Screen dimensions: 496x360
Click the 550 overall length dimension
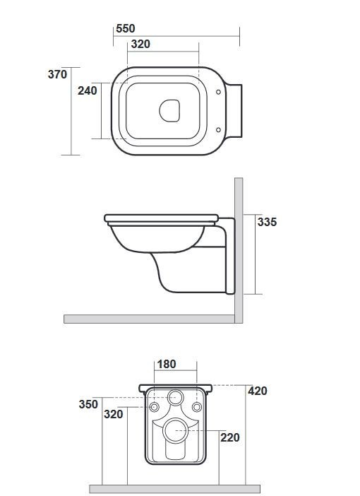coord(125,28)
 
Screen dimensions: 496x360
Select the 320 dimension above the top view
coord(140,44)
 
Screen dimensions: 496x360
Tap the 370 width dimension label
coord(58,74)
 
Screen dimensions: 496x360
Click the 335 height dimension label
coord(267,222)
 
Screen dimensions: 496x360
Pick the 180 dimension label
coord(166,365)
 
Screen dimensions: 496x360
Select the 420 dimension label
coord(258,391)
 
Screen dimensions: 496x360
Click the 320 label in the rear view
coord(113,414)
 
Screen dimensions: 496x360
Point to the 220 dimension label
coord(230,437)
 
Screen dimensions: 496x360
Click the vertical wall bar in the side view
coord(239,247)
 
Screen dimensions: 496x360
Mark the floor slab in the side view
coord(148,319)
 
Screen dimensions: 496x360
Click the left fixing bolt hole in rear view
coord(155,408)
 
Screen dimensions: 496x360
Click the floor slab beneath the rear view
coord(174,489)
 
